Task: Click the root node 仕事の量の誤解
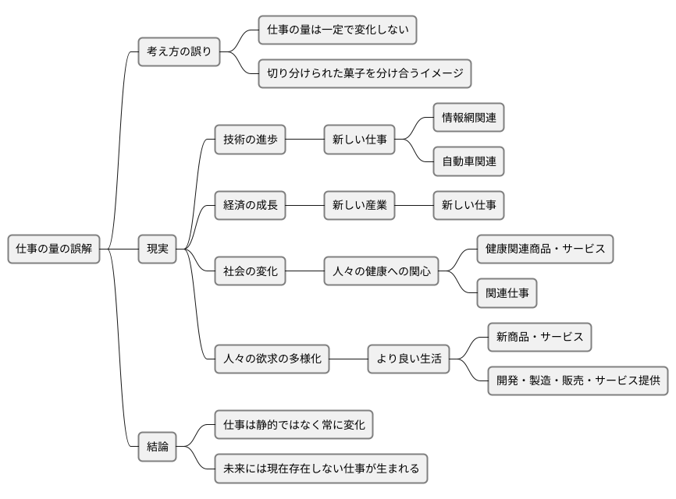click(x=54, y=249)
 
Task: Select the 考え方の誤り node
click(x=179, y=52)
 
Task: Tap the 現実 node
click(x=157, y=249)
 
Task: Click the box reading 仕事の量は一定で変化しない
click(x=337, y=30)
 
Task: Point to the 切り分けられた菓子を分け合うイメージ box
click(x=365, y=74)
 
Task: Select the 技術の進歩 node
click(x=250, y=140)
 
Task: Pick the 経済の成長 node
click(x=250, y=206)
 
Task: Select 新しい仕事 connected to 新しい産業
click(x=468, y=206)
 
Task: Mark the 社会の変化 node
click(x=250, y=272)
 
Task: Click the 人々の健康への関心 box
click(x=380, y=272)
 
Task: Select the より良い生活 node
click(x=408, y=359)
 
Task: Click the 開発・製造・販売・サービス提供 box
click(x=578, y=381)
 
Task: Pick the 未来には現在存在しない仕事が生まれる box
click(x=321, y=469)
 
